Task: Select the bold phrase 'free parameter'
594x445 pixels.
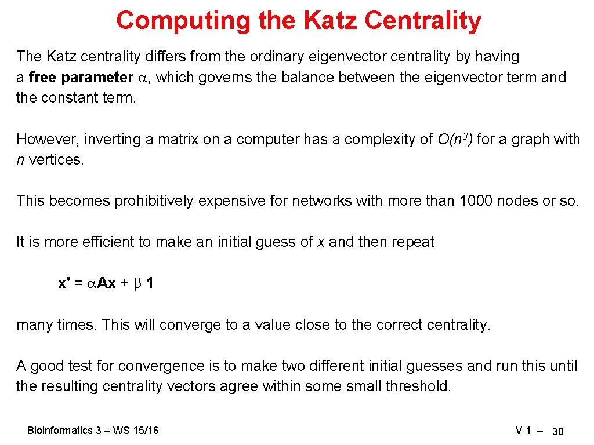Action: pos(81,77)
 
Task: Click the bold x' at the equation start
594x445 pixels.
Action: pos(64,283)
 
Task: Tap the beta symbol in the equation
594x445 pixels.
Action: pos(137,283)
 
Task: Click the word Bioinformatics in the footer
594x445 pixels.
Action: pos(60,431)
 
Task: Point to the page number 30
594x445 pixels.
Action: pos(558,431)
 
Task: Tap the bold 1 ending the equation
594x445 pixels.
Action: pos(150,283)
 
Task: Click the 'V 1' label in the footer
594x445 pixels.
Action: pos(524,431)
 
